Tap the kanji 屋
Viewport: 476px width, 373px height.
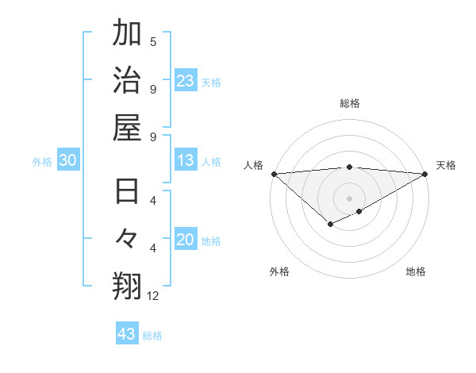[127, 126]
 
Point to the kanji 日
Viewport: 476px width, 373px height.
[127, 193]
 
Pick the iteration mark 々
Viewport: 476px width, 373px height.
[127, 239]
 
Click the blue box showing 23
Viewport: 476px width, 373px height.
[186, 81]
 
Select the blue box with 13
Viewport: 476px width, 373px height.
[186, 161]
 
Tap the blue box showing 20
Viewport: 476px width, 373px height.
[186, 240]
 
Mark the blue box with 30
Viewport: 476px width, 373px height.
[68, 161]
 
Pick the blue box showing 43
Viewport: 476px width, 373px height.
[127, 334]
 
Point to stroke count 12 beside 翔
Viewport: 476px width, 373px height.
[153, 296]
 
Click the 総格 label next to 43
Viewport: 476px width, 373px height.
[153, 336]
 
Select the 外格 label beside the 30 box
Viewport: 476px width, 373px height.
[42, 162]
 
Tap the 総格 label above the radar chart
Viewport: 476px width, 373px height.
[349, 103]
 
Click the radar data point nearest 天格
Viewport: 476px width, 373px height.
[424, 174]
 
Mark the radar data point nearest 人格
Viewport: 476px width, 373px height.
[274, 174]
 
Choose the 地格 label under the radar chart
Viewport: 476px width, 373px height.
[416, 271]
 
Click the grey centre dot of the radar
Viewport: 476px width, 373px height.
[349, 198]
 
